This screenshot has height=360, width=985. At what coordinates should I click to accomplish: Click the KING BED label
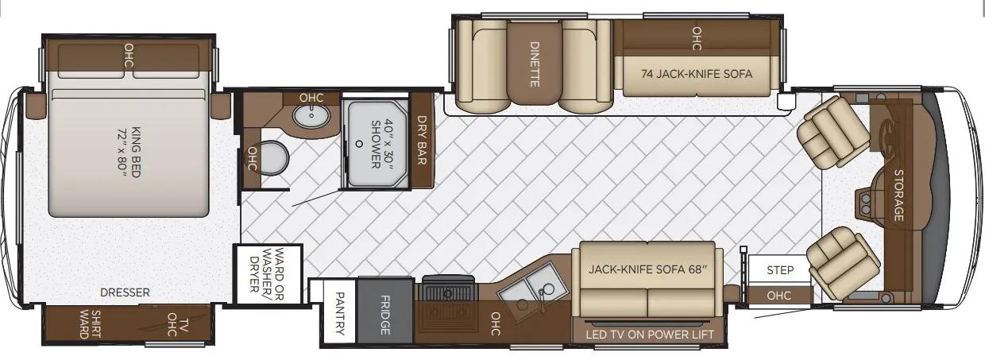tap(130, 152)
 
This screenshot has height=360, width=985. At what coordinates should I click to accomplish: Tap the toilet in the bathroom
tap(273, 158)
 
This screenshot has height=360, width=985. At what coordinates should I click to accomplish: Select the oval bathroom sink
tap(311, 116)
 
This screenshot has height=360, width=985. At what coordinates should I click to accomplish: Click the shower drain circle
tap(359, 144)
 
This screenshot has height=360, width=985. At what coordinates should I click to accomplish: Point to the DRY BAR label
tap(422, 140)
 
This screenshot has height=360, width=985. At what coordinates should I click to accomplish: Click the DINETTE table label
tap(535, 64)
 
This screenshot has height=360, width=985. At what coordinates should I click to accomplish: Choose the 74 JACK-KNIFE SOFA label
tap(697, 74)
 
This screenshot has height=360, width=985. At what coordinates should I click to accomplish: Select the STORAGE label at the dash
tap(899, 195)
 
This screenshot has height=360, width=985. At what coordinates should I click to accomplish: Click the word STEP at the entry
tap(780, 269)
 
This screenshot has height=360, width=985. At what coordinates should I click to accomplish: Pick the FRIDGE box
tap(384, 311)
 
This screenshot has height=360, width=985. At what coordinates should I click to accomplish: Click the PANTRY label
tap(339, 313)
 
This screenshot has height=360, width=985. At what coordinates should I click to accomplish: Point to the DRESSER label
tap(125, 292)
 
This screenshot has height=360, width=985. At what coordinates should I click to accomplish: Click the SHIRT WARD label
tap(90, 324)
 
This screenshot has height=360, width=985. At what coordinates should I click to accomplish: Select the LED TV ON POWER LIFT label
tap(650, 335)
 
